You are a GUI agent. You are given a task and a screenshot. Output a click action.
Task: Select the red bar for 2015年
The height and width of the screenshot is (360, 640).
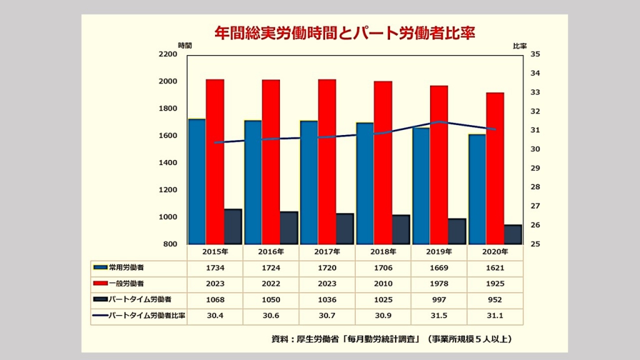215,161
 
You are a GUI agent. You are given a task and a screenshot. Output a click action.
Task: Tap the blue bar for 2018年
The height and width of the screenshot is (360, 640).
365,183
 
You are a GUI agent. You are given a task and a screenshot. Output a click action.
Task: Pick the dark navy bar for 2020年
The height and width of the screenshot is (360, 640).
513,234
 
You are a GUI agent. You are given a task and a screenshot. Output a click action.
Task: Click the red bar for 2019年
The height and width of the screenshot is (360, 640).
439,164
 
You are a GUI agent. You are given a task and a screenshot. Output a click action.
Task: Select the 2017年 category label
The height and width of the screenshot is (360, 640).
327,252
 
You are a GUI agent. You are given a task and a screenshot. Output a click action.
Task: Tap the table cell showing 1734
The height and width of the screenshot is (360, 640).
214,267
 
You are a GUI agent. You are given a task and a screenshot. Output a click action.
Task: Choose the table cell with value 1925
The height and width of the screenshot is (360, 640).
495,284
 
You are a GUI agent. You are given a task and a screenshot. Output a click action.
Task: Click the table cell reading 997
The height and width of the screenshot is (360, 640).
439,300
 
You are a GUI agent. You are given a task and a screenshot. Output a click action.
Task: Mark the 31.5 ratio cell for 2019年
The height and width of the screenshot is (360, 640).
439,316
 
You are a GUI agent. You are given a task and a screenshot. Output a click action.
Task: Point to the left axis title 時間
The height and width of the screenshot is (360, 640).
184,46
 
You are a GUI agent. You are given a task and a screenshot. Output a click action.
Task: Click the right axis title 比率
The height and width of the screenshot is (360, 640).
521,46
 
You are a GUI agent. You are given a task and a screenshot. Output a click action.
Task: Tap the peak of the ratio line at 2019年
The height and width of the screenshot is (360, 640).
439,122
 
